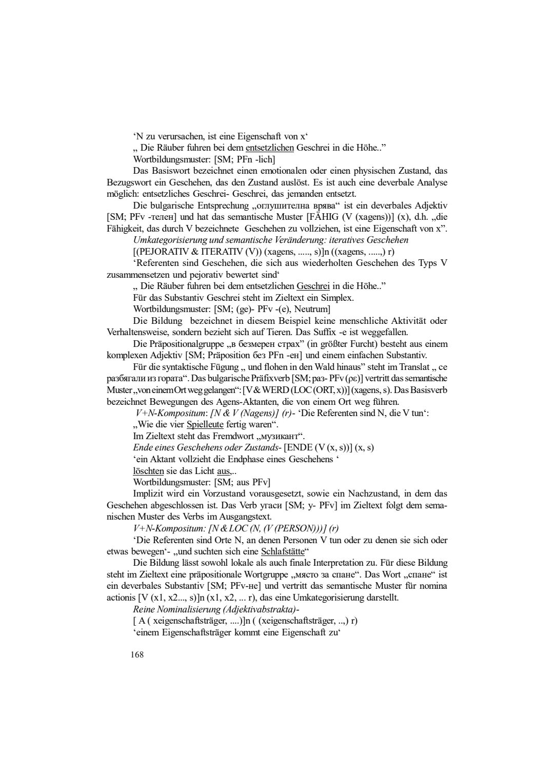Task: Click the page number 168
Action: (137, 654)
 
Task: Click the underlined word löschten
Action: (148, 470)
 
